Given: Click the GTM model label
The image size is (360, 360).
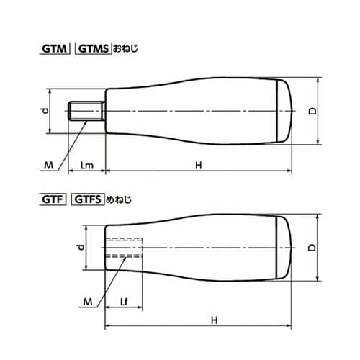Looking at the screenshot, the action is [x=54, y=49].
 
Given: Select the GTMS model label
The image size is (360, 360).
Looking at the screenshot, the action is [x=94, y=49].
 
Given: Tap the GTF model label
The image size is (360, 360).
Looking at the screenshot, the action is [x=53, y=199].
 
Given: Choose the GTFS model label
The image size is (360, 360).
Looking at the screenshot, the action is [x=88, y=199].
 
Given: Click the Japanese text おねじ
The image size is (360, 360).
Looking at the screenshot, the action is [x=125, y=48].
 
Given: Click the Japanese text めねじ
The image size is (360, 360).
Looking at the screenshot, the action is [x=119, y=199].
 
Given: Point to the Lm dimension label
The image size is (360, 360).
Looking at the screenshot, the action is [x=86, y=165].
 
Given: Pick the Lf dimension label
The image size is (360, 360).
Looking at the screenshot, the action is [x=124, y=302].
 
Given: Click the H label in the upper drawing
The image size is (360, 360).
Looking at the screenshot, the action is [x=199, y=165].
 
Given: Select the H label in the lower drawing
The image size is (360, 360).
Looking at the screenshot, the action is [x=215, y=320].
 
